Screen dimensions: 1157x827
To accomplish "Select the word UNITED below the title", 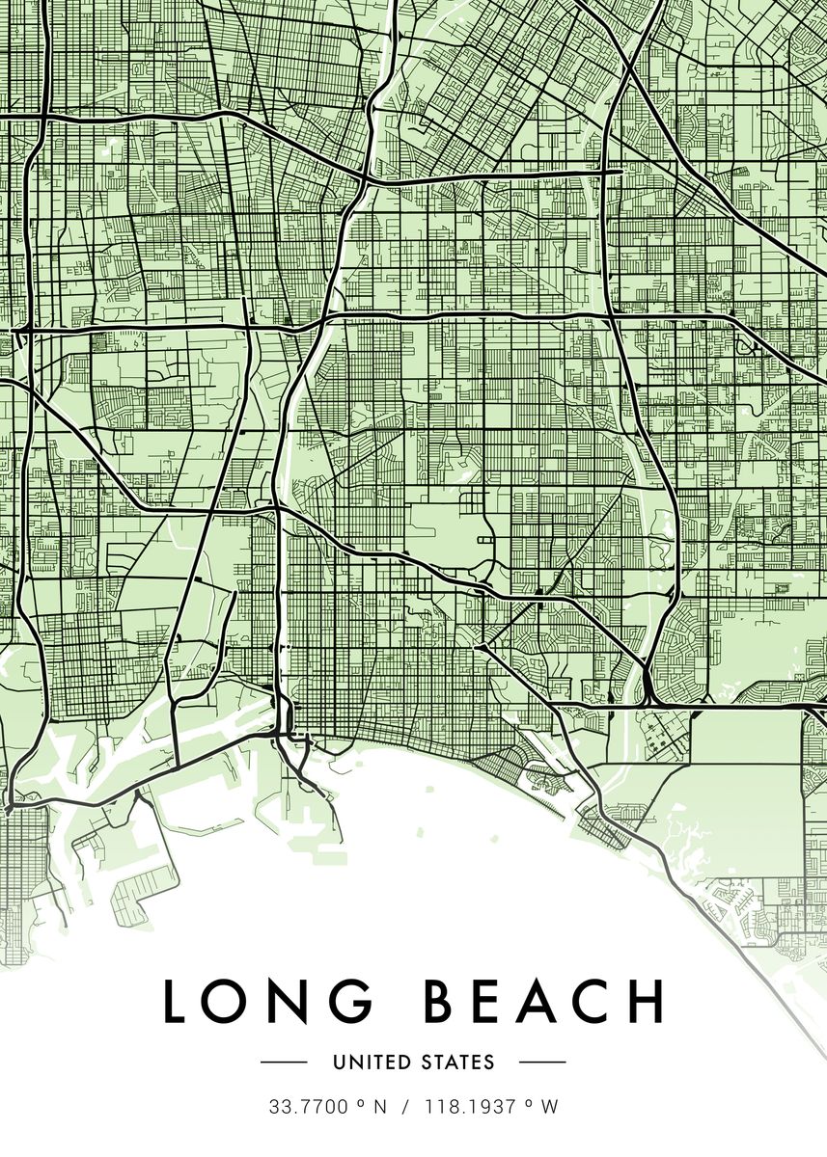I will pyautogui.click(x=371, y=1063).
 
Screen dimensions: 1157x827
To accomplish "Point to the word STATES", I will pyautogui.click(x=456, y=1063).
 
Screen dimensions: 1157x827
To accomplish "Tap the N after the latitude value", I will pyautogui.click(x=380, y=1108).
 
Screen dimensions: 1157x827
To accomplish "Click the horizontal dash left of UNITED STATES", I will pyautogui.click(x=284, y=1063).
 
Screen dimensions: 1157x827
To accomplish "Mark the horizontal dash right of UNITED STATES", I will pyautogui.click(x=542, y=1063).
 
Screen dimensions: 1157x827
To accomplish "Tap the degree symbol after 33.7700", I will pyautogui.click(x=358, y=1103).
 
